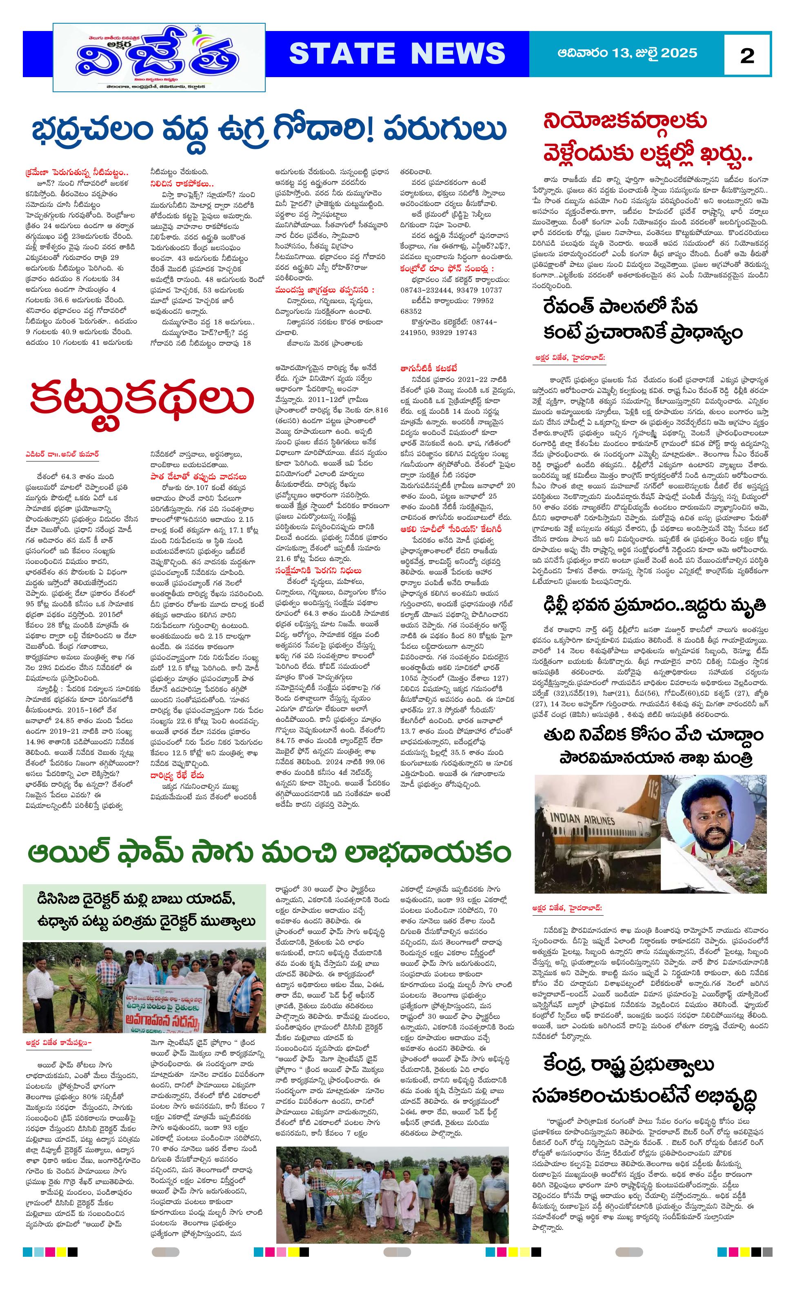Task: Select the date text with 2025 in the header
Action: pyautogui.click(x=627, y=53)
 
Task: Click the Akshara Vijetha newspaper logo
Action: pyautogui.click(x=159, y=58)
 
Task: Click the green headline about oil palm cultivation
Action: pyautogui.click(x=269, y=853)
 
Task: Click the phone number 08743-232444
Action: pyautogui.click(x=425, y=290)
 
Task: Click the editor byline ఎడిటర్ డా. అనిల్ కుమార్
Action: pyautogui.click(x=62, y=454)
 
